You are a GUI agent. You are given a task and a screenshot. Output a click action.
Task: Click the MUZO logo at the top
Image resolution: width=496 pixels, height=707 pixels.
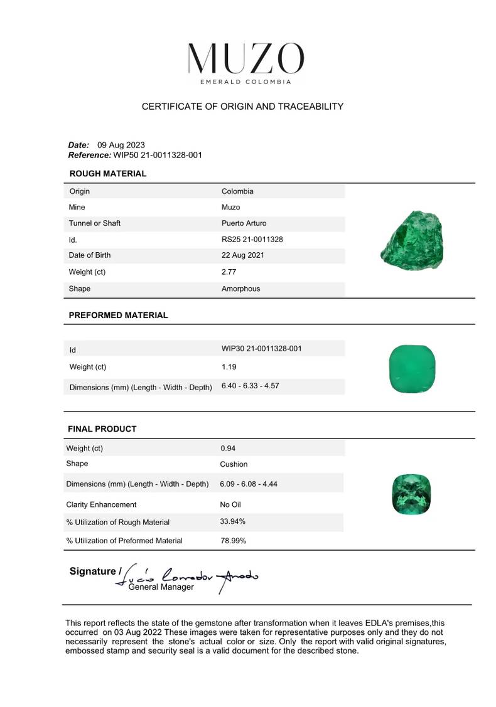[x=246, y=62]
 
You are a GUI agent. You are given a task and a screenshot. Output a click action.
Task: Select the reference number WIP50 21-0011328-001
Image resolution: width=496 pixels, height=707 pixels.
[x=157, y=155]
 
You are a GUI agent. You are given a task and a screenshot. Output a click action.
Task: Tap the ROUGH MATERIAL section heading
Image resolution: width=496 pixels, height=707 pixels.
[x=107, y=174]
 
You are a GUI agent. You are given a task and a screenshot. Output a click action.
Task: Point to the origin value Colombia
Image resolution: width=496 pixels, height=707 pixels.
[x=237, y=191]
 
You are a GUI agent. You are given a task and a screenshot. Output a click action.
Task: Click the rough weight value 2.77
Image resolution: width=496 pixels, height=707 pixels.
[x=229, y=272]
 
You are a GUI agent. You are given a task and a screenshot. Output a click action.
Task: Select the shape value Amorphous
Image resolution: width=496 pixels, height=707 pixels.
[x=240, y=289]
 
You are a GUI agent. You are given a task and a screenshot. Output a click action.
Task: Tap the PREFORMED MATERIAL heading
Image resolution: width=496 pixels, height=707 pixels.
[x=118, y=316]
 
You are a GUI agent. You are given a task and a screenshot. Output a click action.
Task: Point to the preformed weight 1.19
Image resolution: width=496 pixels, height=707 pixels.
[x=229, y=367]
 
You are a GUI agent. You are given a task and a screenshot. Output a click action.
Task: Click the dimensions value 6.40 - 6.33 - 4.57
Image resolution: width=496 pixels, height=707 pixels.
[x=250, y=386]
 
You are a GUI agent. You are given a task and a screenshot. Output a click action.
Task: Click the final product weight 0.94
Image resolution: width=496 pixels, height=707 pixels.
[x=227, y=449]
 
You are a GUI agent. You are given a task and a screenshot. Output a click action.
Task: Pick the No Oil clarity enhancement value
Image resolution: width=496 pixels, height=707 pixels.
[x=230, y=504]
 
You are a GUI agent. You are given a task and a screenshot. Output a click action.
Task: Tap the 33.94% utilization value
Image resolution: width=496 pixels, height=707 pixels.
[x=232, y=521]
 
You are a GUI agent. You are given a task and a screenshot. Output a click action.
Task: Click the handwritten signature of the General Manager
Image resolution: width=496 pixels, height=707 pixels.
[x=188, y=577]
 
